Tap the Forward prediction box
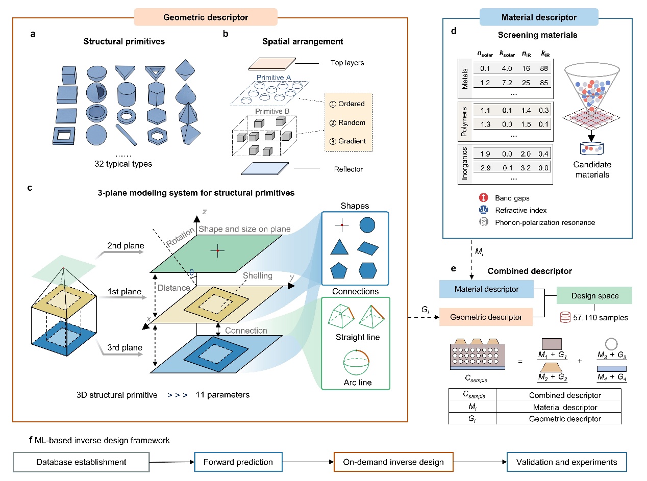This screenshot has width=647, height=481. coord(239,462)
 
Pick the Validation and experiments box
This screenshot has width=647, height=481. coord(566,462)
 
